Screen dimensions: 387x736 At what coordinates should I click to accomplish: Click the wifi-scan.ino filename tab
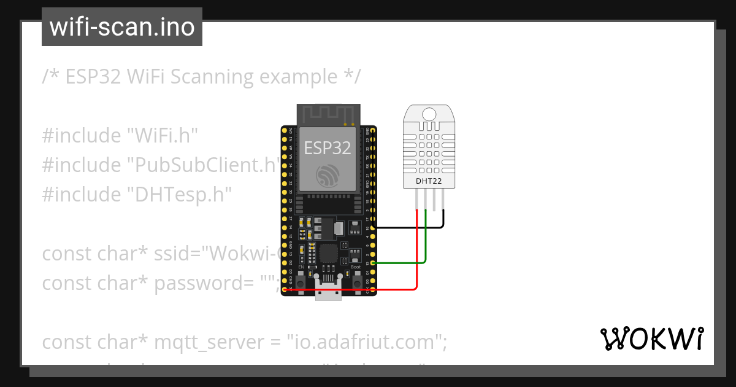pos(121,27)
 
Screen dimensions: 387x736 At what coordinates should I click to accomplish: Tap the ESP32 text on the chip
pos(328,147)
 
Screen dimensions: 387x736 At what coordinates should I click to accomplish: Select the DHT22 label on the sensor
pos(429,181)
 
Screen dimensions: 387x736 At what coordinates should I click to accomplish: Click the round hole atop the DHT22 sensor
pos(429,114)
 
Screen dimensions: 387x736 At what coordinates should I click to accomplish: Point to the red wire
pos(417,258)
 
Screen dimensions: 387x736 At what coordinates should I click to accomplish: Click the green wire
pos(426,246)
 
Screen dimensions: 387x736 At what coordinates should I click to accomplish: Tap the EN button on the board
pos(301,281)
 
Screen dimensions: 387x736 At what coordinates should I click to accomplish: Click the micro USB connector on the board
pos(328,294)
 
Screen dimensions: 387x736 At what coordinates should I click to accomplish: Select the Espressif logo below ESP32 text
pos(328,175)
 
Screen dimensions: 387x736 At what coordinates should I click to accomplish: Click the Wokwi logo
pos(651,338)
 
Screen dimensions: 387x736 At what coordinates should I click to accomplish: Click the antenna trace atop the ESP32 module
pos(328,114)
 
